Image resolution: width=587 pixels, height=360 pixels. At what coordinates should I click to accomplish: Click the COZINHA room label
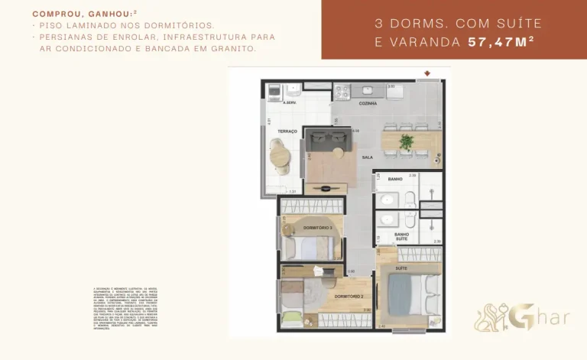(368, 103)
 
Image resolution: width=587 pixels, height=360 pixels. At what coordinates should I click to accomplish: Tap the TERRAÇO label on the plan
(287, 131)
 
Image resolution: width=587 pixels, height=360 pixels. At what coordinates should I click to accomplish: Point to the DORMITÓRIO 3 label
(316, 228)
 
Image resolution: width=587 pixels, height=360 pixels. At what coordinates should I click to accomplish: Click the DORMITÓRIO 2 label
(349, 295)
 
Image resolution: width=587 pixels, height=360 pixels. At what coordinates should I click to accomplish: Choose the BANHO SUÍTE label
(401, 237)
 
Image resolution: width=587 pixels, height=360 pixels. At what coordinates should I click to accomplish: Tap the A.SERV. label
(290, 102)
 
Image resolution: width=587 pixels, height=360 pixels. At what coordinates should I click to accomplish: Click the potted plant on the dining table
(407, 141)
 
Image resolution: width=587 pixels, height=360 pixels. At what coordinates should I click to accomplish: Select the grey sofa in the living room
(326, 142)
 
